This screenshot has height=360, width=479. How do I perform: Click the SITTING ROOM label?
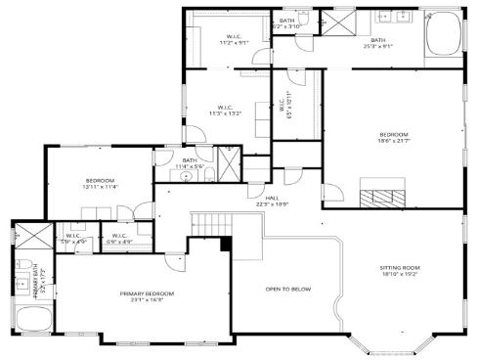click(x=399, y=267)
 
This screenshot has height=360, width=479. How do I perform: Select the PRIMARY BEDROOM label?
click(x=147, y=293)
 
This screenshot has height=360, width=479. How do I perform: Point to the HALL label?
click(x=258, y=198)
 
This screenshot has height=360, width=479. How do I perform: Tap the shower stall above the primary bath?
click(x=23, y=238)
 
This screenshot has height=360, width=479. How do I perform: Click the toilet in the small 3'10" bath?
click(x=305, y=17)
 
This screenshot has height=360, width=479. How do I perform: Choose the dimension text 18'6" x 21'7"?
click(x=393, y=142)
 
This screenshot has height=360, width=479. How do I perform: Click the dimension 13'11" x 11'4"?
click(x=101, y=188)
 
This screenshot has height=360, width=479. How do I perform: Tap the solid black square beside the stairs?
click(x=225, y=244)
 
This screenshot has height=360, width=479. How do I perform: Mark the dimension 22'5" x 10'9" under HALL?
click(x=258, y=204)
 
